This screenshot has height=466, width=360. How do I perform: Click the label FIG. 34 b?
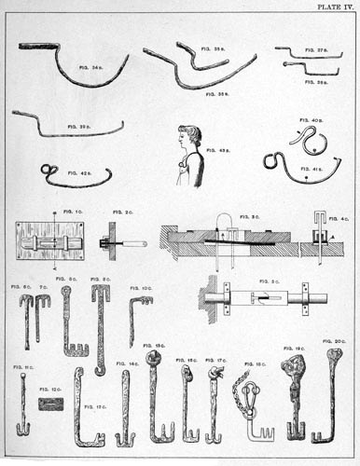(x=91, y=67)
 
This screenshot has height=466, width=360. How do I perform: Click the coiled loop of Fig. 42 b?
(x=48, y=170)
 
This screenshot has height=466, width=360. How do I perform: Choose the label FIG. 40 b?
(x=311, y=120)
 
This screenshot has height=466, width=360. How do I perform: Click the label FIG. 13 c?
(x=94, y=407)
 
